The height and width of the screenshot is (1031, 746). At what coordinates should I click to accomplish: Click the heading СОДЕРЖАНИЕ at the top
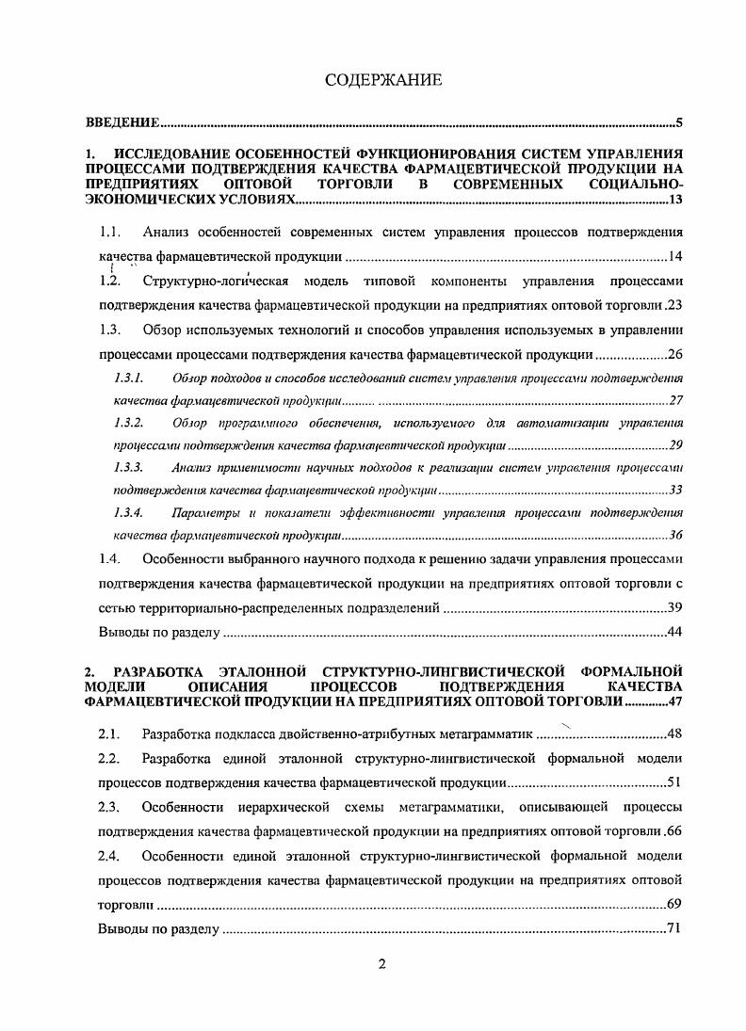coord(382,80)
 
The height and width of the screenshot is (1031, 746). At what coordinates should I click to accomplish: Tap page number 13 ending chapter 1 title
coord(674,201)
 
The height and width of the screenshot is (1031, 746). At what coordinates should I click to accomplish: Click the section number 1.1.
coord(111,231)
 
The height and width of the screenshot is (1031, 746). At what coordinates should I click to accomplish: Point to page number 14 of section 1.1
coord(674,256)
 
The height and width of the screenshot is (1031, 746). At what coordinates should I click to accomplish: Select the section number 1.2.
coord(111,281)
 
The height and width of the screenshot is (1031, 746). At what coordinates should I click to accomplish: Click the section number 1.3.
coord(111,330)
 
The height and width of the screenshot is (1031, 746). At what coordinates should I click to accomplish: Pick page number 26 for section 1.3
coord(674,356)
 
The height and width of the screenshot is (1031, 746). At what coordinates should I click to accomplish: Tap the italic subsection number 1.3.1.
coord(127,379)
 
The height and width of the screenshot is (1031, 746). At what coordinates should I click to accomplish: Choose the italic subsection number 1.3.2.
coord(127,422)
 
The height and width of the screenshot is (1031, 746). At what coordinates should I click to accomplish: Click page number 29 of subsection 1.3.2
coord(675,444)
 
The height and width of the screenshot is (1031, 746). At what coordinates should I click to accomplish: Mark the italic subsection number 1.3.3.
coord(127,467)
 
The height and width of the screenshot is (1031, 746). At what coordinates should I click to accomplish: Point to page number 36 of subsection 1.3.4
coord(675,535)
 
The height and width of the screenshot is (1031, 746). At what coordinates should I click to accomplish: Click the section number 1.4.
coord(111,558)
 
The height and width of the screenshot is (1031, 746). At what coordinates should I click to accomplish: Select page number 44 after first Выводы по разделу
coord(674,632)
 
